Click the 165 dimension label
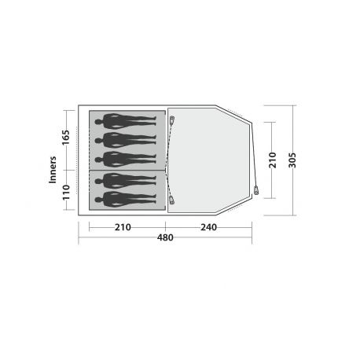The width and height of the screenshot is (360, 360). click(x=65, y=138)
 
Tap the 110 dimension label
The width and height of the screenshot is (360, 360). click(x=66, y=192)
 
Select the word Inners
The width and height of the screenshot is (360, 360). click(x=53, y=170)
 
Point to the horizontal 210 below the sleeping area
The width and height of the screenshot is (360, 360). click(x=123, y=227)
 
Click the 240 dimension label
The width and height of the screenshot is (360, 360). click(x=208, y=227)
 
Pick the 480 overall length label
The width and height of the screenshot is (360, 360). click(x=165, y=237)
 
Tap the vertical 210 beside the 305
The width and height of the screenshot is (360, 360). click(x=273, y=160)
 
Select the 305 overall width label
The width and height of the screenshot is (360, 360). click(x=292, y=160)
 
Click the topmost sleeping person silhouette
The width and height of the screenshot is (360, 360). click(x=126, y=121)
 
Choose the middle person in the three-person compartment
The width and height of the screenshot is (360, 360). click(x=126, y=140)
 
